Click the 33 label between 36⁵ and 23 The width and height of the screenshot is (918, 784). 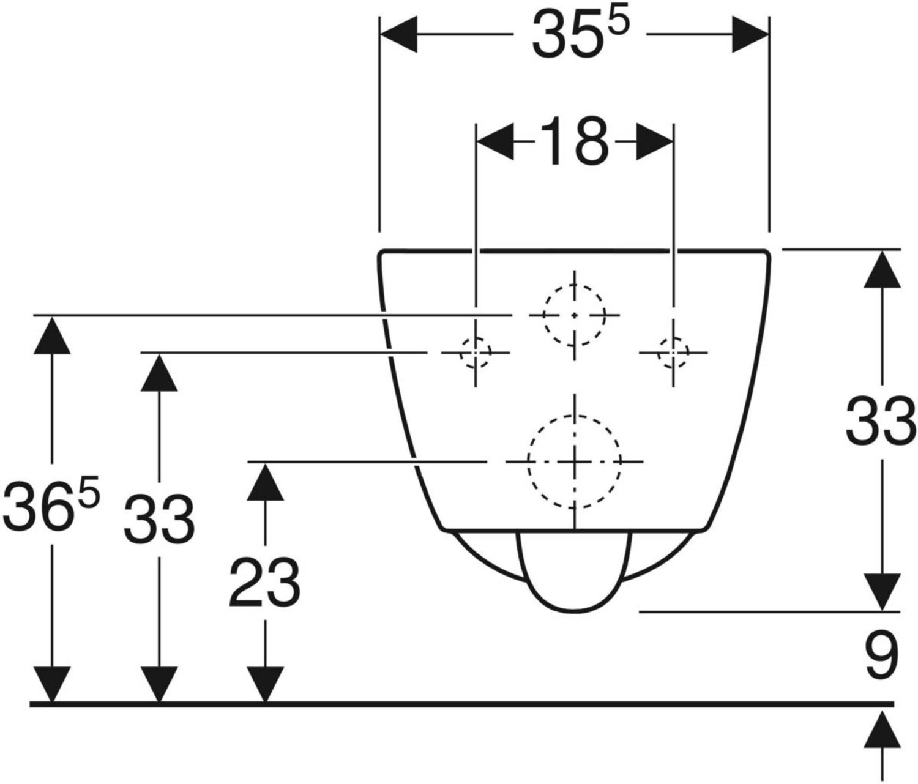159,518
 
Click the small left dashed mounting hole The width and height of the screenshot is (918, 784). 460,353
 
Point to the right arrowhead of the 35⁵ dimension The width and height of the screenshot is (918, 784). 750,34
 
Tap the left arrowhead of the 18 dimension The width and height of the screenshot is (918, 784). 494,141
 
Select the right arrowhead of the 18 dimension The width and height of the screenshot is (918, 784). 655,141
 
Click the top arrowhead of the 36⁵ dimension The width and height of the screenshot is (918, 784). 52,335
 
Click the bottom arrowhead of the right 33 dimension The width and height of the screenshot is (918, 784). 882,592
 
